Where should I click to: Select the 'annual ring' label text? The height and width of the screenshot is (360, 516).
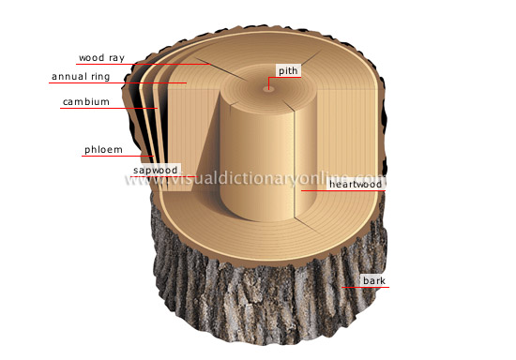(83, 76)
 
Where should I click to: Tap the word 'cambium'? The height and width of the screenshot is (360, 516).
(86, 101)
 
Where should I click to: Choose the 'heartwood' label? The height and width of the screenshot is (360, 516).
(353, 185)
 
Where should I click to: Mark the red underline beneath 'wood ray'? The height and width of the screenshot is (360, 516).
(141, 65)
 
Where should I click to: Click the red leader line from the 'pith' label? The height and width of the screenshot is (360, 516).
(271, 82)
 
